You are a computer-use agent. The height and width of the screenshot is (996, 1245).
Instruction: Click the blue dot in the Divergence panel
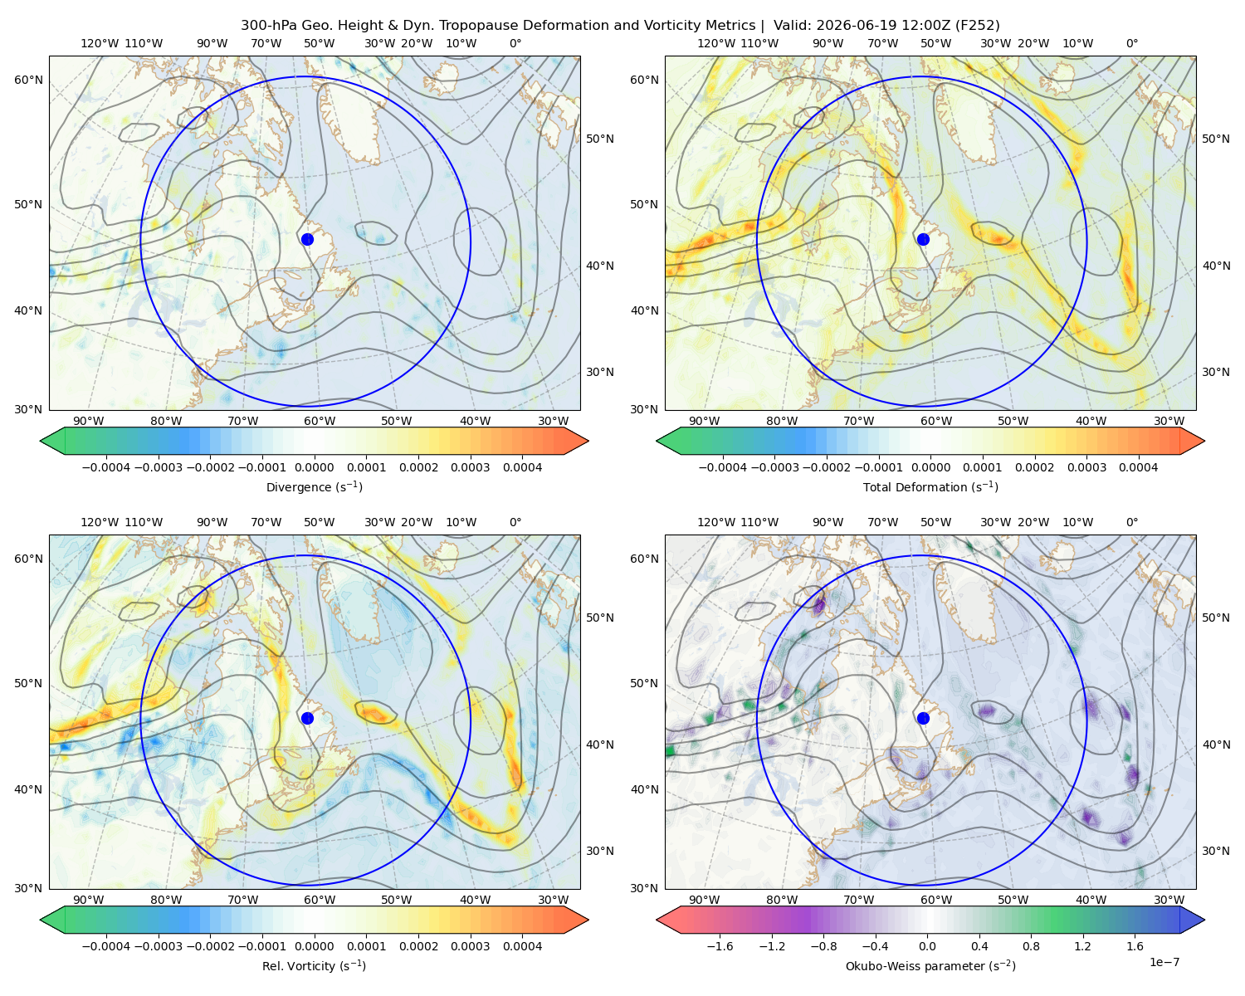(307, 239)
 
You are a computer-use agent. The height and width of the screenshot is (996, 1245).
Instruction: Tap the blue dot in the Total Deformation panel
(923, 239)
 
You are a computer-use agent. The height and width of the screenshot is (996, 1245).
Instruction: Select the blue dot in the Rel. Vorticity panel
(307, 718)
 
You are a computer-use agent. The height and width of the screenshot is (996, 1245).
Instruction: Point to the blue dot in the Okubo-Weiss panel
(923, 718)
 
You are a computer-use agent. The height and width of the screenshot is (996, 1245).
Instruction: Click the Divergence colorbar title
(314, 486)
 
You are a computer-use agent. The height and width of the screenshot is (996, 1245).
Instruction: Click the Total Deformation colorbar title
(930, 486)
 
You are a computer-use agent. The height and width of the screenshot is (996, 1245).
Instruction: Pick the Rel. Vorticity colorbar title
(314, 965)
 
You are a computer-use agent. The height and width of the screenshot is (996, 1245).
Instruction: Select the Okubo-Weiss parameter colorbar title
(930, 965)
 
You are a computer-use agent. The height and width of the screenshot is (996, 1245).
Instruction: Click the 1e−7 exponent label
(1164, 962)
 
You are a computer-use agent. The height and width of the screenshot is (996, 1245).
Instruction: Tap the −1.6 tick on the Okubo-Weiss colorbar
(720, 945)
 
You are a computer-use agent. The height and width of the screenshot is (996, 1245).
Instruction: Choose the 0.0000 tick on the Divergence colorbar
(314, 467)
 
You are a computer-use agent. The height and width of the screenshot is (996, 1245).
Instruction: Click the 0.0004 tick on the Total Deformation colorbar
(1139, 467)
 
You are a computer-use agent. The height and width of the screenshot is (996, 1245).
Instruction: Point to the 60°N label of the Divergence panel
(28, 80)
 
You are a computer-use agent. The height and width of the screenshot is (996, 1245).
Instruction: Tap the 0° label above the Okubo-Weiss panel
(1131, 521)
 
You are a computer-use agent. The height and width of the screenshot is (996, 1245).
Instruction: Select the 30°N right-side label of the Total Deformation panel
(1216, 372)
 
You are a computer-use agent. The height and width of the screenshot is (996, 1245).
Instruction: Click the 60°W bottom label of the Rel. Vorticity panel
(320, 900)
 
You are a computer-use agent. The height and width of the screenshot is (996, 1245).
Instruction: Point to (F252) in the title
(977, 25)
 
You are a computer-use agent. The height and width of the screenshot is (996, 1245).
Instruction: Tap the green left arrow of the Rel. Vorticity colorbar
(53, 920)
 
